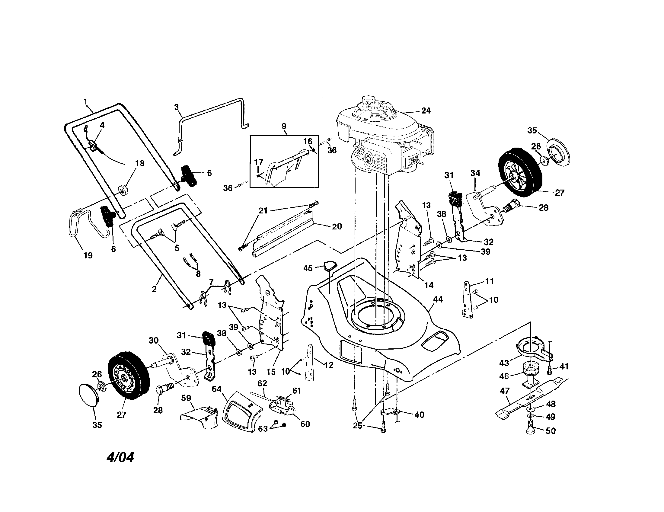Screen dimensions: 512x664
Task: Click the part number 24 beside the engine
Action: tap(426, 111)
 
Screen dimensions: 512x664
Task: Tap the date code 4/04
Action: tap(120, 457)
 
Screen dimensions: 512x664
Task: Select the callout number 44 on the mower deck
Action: tap(438, 299)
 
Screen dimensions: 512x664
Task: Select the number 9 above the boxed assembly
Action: tap(284, 126)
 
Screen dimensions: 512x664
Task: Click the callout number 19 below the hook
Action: tap(88, 255)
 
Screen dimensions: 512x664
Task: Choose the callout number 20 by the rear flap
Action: tap(337, 226)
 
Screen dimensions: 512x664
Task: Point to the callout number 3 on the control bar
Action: tap(176, 107)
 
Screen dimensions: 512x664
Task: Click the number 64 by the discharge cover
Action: tap(217, 389)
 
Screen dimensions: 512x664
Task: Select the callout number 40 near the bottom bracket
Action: tap(419, 415)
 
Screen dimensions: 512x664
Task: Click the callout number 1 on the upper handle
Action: tap(85, 101)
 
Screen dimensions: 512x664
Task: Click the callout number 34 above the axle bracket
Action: tap(475, 173)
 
